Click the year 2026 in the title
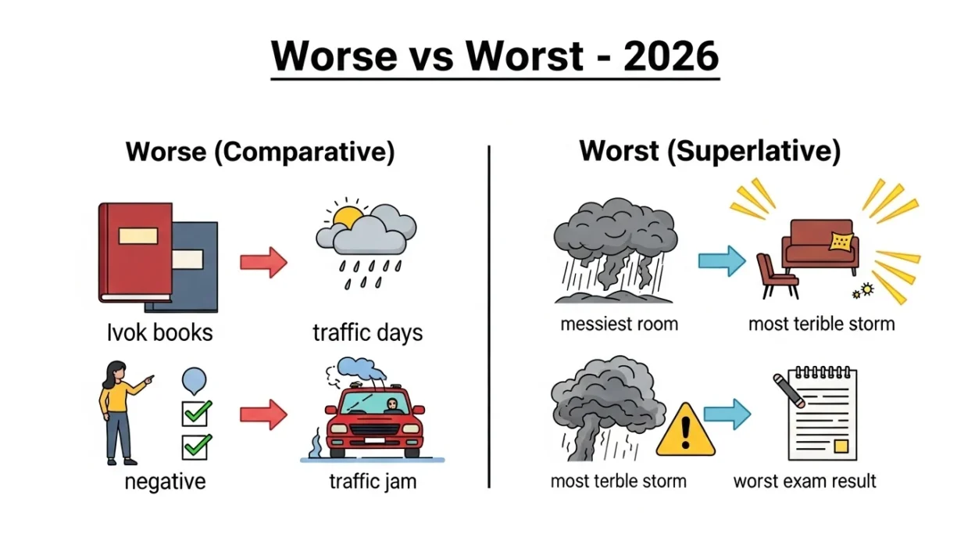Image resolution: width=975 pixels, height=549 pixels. pyautogui.click(x=671, y=56)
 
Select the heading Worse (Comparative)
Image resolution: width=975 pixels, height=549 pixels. pyautogui.click(x=260, y=151)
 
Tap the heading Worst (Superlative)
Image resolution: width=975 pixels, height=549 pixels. pyautogui.click(x=709, y=151)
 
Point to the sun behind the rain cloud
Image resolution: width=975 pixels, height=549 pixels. pyautogui.click(x=347, y=217)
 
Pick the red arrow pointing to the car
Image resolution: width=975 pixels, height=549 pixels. pyautogui.click(x=263, y=414)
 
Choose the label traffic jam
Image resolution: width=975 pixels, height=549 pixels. pyautogui.click(x=373, y=480)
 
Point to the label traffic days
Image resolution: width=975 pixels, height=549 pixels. pyautogui.click(x=367, y=332)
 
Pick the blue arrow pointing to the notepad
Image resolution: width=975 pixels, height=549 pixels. pyautogui.click(x=727, y=414)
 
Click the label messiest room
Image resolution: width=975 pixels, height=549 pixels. pyautogui.click(x=618, y=323)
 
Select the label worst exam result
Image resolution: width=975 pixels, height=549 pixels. pyautogui.click(x=805, y=480)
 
